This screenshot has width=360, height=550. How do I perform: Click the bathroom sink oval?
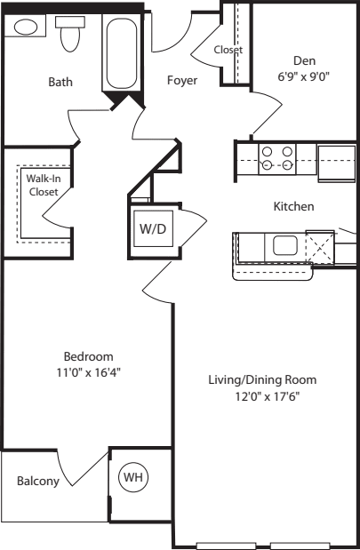25,27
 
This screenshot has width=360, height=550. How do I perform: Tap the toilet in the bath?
70,34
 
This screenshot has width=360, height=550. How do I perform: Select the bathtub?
122,52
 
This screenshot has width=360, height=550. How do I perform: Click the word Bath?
60,82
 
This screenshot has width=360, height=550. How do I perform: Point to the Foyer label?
182,80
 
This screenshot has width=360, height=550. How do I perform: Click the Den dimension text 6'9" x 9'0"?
304,76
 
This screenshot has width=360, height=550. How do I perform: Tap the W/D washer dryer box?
154,228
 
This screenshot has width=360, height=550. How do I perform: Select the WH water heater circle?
133,477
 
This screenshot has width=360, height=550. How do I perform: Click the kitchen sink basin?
285,245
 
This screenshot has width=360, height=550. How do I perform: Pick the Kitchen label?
293,206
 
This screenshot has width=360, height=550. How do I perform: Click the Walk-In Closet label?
44,185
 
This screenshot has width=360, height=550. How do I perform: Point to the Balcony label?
38,481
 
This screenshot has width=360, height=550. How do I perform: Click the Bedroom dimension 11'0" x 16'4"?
88,372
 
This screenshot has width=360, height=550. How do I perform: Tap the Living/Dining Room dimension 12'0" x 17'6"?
268,396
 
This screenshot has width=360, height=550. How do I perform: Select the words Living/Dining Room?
262,380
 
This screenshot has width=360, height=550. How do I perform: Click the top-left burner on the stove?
268,152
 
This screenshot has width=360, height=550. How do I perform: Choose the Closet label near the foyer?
228,50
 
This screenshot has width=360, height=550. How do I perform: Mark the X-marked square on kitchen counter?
320,247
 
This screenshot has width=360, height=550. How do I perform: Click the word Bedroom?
88,356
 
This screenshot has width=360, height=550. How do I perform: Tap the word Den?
304,60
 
